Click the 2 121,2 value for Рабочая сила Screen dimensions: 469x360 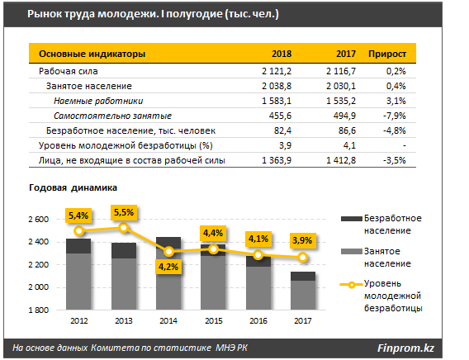tap(277, 71)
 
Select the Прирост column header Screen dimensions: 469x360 tap(387, 54)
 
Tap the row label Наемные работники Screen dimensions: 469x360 tap(98, 101)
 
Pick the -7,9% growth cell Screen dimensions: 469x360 tap(394, 116)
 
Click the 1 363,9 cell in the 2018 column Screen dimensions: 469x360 tap(277, 160)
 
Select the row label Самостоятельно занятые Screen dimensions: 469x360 tap(113, 116)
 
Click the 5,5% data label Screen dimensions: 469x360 tap(124, 212)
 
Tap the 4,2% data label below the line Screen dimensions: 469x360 tap(168, 267)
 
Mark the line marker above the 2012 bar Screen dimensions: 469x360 tap(79, 230)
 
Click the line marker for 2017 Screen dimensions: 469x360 tap(303, 257)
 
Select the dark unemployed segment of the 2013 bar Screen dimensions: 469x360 tap(124, 250)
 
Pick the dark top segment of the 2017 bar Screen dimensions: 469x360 tap(303, 277)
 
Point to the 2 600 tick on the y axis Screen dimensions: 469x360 tap(38, 219)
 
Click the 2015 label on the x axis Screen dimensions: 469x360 tap(214, 321)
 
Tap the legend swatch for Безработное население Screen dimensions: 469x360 tap(352, 219)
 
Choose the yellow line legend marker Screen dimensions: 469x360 tap(352, 285)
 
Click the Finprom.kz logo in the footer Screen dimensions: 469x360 tap(405, 348)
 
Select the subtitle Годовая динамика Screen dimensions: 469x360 tap(73, 187)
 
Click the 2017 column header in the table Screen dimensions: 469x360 tap(346, 54)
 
